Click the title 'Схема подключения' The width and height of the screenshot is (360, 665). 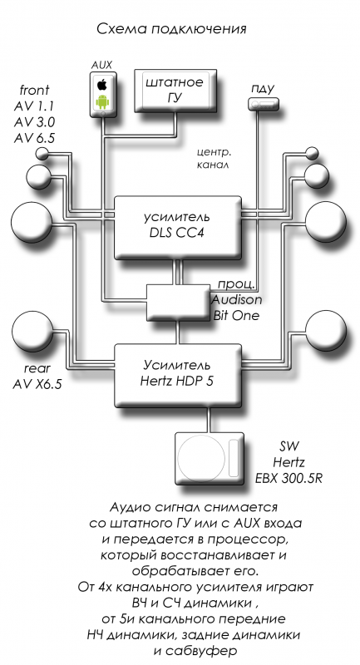coord(172,29)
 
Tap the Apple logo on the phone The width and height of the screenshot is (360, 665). coord(101,85)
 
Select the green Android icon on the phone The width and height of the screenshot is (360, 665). coord(101,101)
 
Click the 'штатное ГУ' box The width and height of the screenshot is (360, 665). coord(175,90)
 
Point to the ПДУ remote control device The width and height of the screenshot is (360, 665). coord(263,103)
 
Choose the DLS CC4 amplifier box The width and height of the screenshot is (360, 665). coord(178,228)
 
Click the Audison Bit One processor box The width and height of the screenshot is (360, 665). coord(179,303)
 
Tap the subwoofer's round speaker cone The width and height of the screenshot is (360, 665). coord(201,459)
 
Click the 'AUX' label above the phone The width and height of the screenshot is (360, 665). coord(101,65)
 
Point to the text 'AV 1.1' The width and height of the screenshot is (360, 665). coord(34,106)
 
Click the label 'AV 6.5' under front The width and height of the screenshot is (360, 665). coord(34,138)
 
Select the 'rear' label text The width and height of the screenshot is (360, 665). coord(37,368)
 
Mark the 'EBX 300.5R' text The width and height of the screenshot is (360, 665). coord(288,478)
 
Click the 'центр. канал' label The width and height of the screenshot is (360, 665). coord(214,159)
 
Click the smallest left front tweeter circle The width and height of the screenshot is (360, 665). coord(42,154)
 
